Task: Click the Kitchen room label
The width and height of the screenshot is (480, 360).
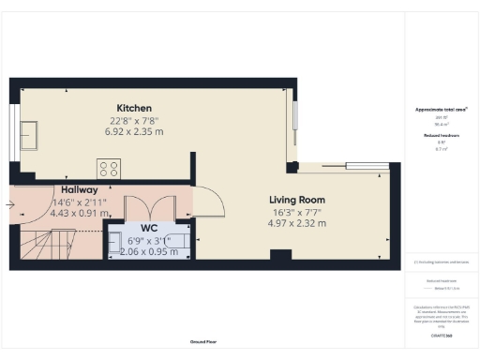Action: click(x=134, y=108)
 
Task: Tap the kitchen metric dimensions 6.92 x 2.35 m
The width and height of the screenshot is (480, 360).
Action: click(x=134, y=132)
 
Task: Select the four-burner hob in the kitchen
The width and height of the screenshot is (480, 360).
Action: click(x=109, y=169)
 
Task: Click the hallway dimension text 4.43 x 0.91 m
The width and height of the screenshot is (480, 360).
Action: click(x=54, y=213)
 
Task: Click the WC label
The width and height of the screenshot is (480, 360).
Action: click(x=148, y=229)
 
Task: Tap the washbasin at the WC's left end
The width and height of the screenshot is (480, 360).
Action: click(x=115, y=240)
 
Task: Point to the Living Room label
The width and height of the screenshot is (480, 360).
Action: click(x=296, y=200)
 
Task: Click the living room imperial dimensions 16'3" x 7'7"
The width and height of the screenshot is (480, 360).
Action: click(x=296, y=213)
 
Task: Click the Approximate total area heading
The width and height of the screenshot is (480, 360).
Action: click(x=441, y=110)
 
